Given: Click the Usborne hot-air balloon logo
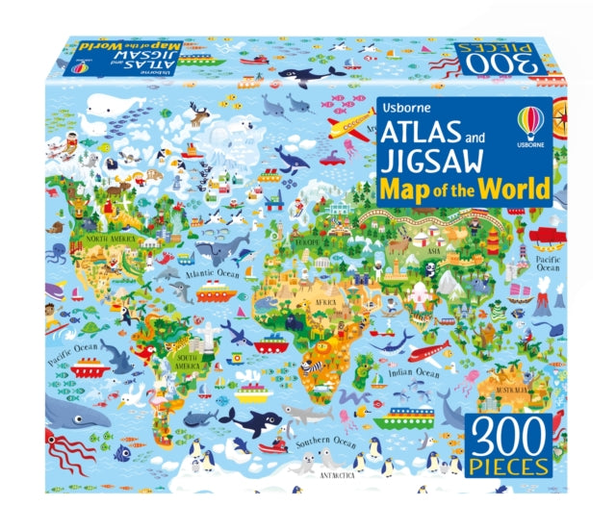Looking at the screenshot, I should (x=530, y=126).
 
